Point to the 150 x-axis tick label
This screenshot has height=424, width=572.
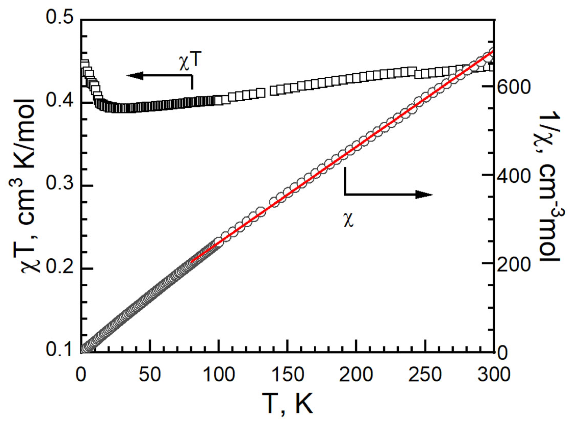click(x=287, y=375)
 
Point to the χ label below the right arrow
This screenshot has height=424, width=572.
click(x=349, y=220)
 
